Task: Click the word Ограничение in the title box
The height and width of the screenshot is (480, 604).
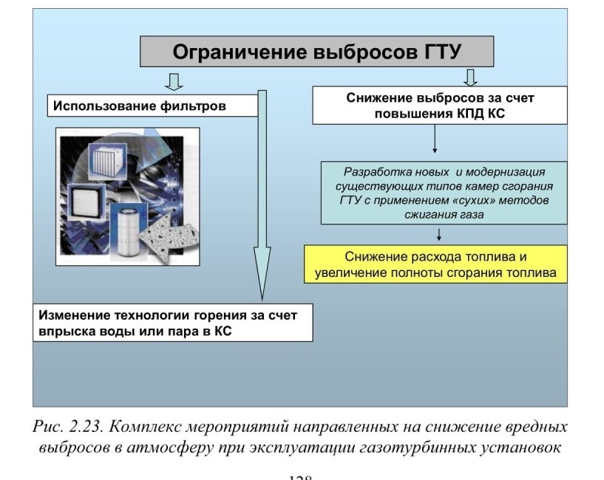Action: pyautogui.click(x=240, y=52)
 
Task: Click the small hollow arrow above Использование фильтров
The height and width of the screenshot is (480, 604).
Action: pyautogui.click(x=174, y=82)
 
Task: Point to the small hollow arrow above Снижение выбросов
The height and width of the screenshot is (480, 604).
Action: pyautogui.click(x=470, y=78)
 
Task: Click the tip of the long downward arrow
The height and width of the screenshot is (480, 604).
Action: pyautogui.click(x=262, y=301)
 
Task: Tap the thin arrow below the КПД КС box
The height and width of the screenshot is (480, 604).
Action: pyautogui.click(x=435, y=139)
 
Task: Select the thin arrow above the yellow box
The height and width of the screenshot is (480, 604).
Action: pyautogui.click(x=438, y=234)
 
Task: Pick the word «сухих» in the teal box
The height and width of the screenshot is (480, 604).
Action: pyautogui.click(x=481, y=201)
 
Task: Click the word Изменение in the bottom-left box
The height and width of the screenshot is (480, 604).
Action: pyautogui.click(x=75, y=315)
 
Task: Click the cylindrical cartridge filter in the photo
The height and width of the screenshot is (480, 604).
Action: pyautogui.click(x=129, y=232)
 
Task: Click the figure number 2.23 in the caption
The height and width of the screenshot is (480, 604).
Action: pyautogui.click(x=86, y=428)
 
